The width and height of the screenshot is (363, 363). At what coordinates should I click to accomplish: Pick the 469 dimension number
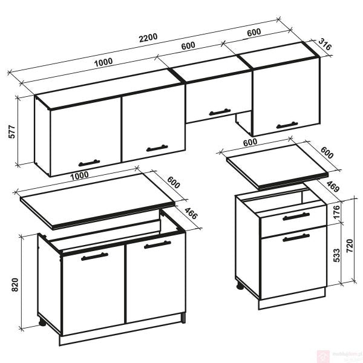coord(332,186)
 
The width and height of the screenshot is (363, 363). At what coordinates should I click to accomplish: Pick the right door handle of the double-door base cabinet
coord(157,244)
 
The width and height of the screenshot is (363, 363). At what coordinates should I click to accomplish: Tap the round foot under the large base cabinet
coord(42,322)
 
